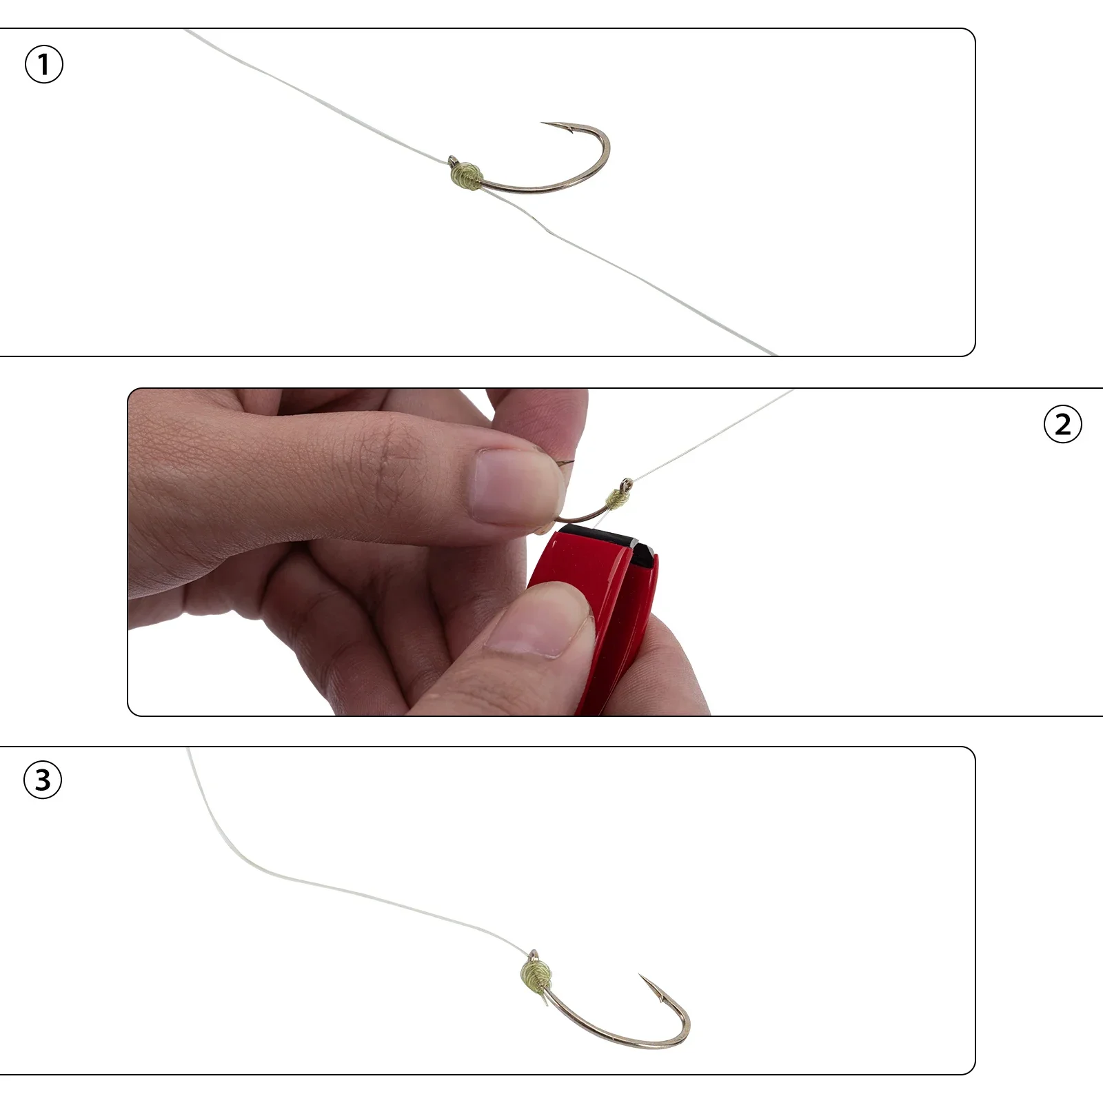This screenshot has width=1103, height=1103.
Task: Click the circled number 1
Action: (43, 65)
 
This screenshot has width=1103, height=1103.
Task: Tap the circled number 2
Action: (1063, 424)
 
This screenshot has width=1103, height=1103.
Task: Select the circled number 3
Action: (43, 780)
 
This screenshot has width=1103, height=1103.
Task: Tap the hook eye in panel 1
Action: (452, 162)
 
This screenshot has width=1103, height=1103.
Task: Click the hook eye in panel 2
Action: (626, 483)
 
